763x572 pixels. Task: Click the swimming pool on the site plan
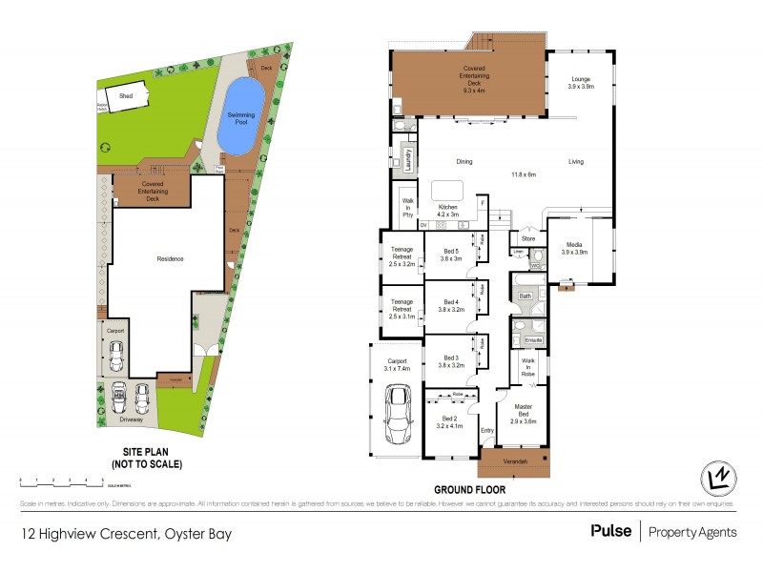pos(240,115)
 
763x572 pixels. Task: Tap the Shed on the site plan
pos(125,96)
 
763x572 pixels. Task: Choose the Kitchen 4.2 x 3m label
pos(447,211)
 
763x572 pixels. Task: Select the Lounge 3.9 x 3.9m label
pos(581,82)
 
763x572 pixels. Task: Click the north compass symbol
pos(721,476)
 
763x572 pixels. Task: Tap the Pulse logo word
pos(610,531)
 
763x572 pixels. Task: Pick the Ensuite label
pos(532,339)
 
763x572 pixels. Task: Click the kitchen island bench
pos(448,188)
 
